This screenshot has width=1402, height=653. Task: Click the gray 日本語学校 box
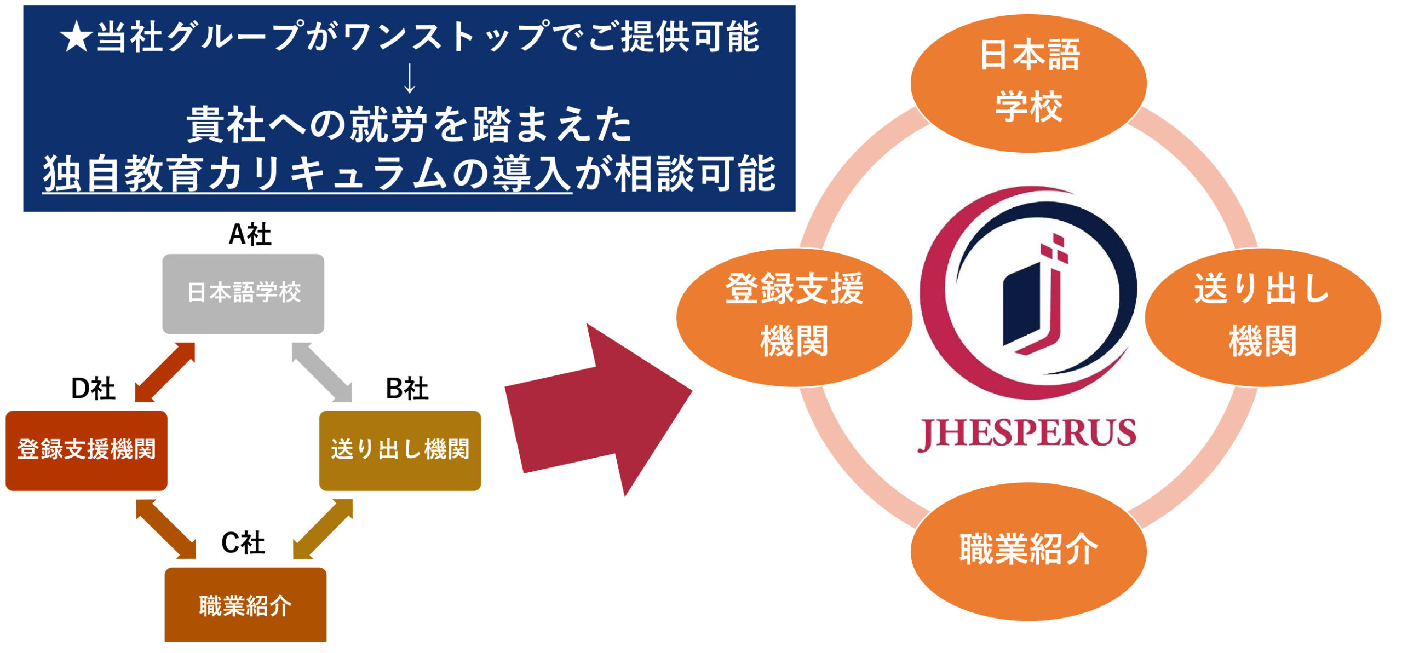[x=243, y=293]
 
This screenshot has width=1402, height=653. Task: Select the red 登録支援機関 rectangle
[x=87, y=450]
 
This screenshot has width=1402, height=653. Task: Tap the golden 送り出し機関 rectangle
[x=400, y=450]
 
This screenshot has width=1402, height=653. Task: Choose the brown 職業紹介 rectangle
[x=245, y=605]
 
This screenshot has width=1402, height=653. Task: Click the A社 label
[x=250, y=235]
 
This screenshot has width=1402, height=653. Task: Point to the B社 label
[x=406, y=389]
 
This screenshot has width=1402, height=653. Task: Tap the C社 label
[x=243, y=543]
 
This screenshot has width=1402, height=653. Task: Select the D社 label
[x=93, y=389]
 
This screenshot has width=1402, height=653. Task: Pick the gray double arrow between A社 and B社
[x=322, y=372]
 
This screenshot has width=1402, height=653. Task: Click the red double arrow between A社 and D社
[x=165, y=372]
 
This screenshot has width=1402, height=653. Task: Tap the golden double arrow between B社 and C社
[x=323, y=529]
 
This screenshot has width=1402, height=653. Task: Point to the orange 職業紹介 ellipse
[x=1028, y=550]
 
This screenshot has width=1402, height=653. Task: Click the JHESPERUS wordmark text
[x=1027, y=434]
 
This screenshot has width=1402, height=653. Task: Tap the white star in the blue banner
[x=76, y=38]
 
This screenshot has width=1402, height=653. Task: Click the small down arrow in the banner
[x=409, y=79]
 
